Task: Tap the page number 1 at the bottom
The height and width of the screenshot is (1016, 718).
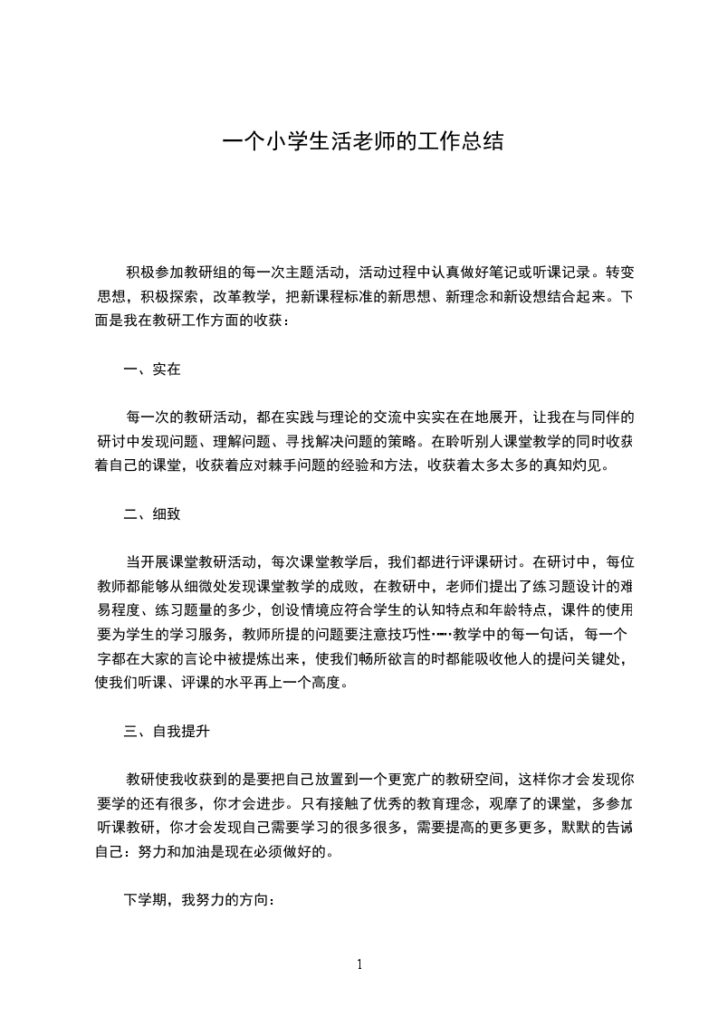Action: (359, 964)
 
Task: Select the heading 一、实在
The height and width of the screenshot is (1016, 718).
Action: (152, 369)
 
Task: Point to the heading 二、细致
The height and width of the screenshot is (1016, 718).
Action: (152, 513)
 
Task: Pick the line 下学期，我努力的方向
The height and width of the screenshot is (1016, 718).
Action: (198, 901)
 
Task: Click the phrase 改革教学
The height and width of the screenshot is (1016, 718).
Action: (241, 296)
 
